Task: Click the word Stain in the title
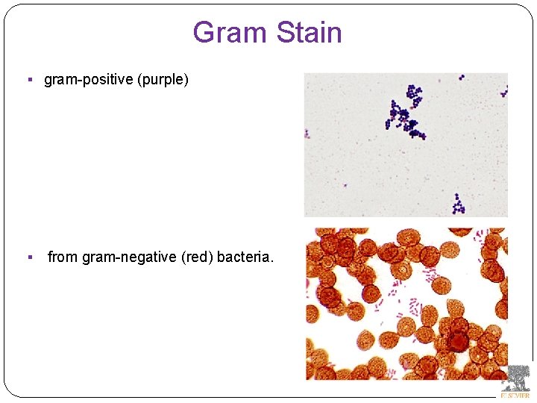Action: pos(309,33)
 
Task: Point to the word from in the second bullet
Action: pos(63,257)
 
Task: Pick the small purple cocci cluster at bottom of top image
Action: pos(458,202)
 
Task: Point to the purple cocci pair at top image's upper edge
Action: pos(462,76)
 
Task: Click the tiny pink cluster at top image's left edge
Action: pos(307,134)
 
